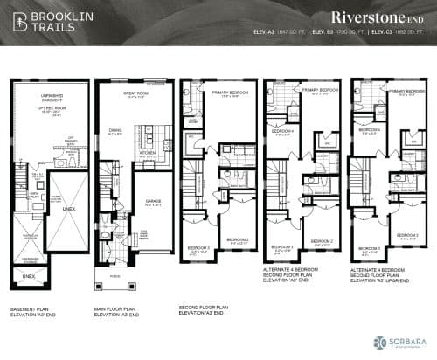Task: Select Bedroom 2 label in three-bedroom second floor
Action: coord(237,240)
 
